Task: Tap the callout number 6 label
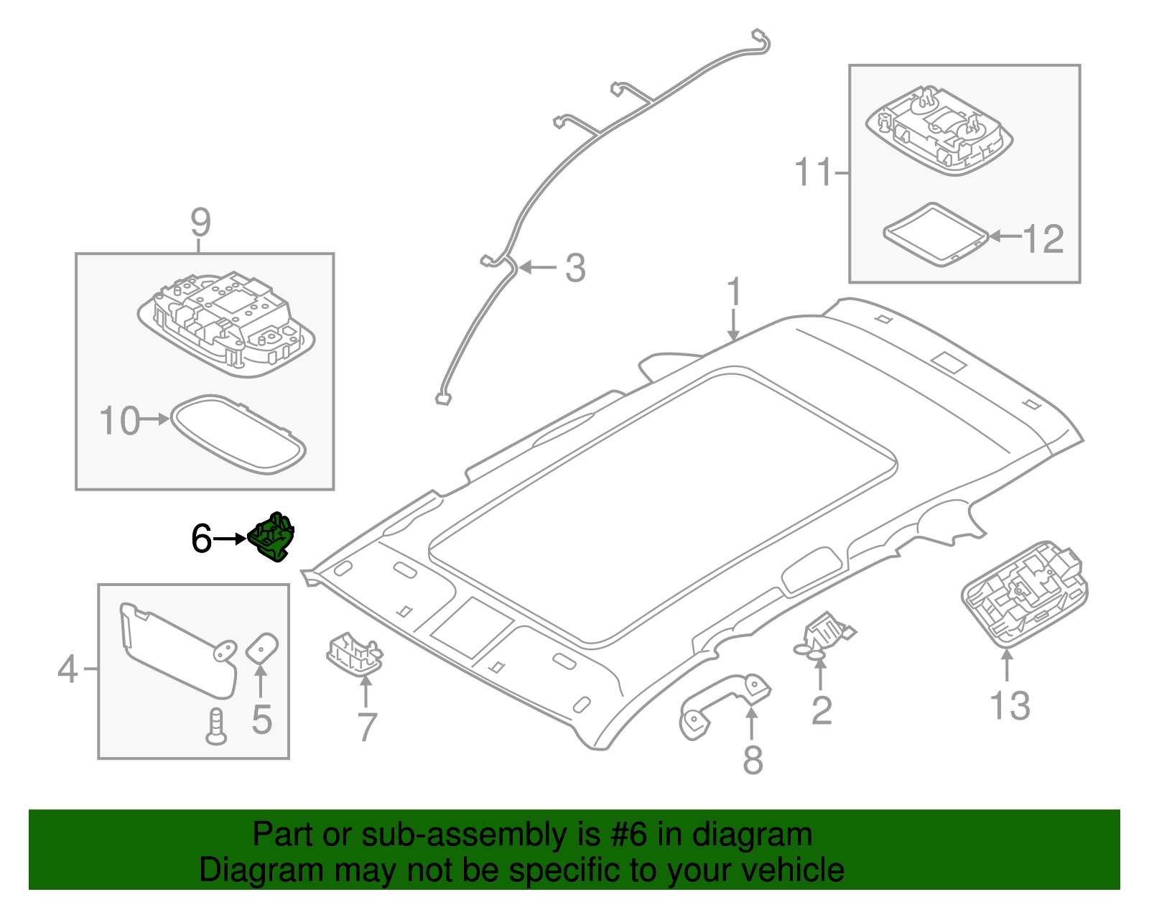201,539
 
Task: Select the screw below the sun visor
215,725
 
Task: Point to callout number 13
1010,706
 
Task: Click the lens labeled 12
934,233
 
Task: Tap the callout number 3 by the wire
575,269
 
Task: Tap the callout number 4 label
68,669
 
